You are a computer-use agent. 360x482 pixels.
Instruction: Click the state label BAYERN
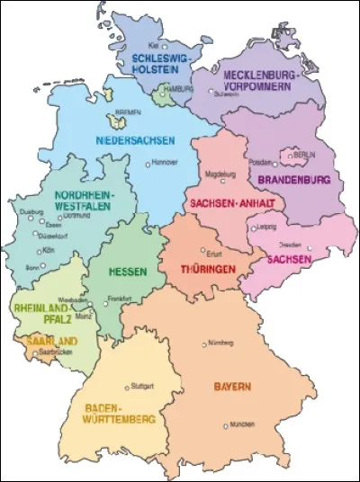coord(232,387)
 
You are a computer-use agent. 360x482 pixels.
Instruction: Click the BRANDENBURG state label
coord(294,180)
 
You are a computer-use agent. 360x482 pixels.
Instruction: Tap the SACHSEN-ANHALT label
coord(224,204)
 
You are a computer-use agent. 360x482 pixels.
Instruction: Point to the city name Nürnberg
coord(220,344)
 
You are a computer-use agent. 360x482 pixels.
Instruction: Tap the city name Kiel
coord(154,44)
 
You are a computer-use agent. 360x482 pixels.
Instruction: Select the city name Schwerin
coord(225,93)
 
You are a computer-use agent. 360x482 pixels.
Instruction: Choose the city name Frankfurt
coord(120,298)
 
